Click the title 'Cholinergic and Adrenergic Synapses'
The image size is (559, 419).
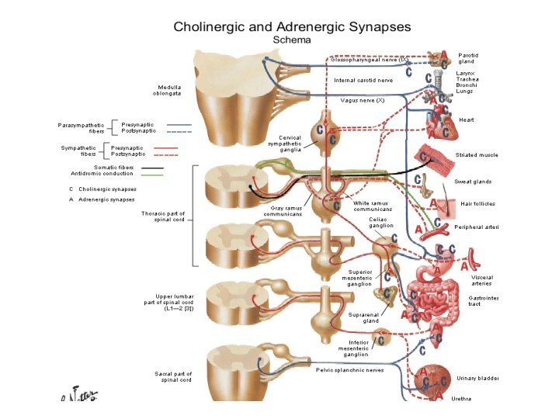291,26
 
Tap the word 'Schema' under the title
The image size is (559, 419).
291,38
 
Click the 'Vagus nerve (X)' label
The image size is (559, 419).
363,100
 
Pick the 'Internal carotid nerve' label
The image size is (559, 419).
363,80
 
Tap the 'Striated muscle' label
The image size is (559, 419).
477,155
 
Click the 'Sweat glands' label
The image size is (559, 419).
474,182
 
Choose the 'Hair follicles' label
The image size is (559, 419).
477,203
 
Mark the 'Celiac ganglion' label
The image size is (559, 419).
381,223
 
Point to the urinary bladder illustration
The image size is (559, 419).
432,380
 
